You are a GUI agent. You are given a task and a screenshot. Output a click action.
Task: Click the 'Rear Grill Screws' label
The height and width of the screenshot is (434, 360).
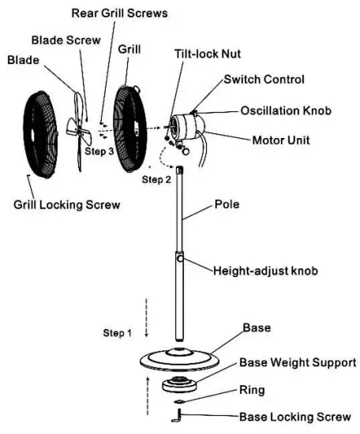click(119, 13)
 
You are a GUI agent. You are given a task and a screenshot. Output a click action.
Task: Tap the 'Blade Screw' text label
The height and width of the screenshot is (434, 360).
click(66, 39)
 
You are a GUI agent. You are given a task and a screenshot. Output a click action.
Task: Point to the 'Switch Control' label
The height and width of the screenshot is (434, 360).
click(264, 80)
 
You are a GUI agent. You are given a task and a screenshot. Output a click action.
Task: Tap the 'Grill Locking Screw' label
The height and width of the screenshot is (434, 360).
click(66, 205)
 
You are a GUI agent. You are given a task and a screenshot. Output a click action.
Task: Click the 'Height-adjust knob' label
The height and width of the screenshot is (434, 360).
click(265, 270)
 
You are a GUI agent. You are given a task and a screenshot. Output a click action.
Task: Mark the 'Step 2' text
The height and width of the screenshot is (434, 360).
click(156, 180)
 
